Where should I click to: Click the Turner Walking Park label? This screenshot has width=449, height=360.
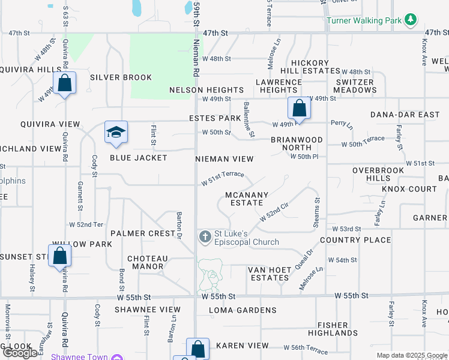(364, 20)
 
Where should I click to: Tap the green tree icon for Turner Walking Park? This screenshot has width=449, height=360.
(411, 20)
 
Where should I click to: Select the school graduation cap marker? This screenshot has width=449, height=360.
(116, 133)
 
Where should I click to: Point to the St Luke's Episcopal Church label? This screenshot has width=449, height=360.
(246, 238)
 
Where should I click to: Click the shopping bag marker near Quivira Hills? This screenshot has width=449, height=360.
(65, 83)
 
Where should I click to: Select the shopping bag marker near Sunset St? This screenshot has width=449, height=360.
(60, 256)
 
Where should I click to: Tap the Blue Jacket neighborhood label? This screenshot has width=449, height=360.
(138, 158)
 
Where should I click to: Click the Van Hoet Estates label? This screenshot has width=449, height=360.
(270, 274)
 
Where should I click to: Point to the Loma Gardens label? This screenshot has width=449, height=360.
(243, 310)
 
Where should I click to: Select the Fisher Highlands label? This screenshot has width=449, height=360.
(333, 329)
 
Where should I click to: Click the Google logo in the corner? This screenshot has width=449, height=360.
(20, 353)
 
